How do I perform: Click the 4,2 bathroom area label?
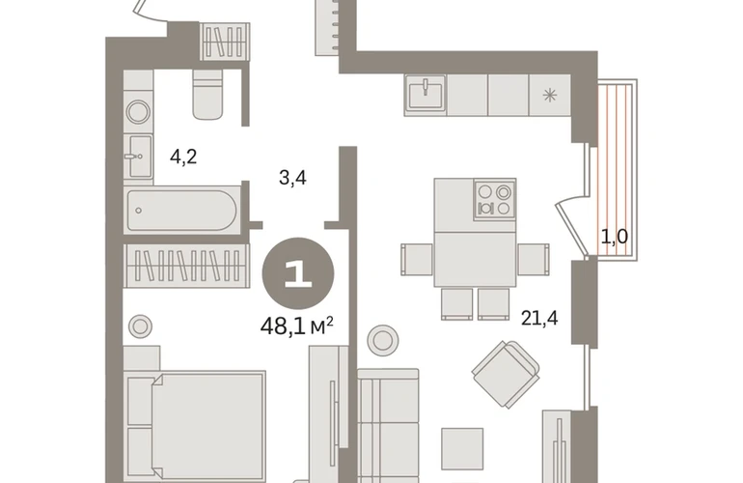(x=183, y=156)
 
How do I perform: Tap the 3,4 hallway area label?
(x=292, y=179)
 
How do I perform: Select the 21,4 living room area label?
(x=539, y=318)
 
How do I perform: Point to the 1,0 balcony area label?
(x=615, y=237)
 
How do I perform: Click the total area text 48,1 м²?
(x=297, y=327)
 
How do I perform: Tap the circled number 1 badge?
(x=298, y=273)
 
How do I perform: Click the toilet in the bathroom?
(x=207, y=95)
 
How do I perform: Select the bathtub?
(x=181, y=211)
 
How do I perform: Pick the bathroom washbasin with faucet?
(x=139, y=156)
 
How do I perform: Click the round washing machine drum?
(x=138, y=112)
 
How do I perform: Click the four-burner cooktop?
(x=494, y=199)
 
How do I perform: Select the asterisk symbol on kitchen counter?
(x=550, y=96)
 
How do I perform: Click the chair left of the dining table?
(x=417, y=260)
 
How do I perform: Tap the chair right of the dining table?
(x=533, y=260)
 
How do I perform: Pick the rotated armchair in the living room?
(x=506, y=375)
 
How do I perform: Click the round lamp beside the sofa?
(x=383, y=340)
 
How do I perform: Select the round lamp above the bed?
(x=140, y=327)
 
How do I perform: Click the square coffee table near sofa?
(x=462, y=449)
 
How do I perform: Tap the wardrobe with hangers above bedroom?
(x=186, y=266)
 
